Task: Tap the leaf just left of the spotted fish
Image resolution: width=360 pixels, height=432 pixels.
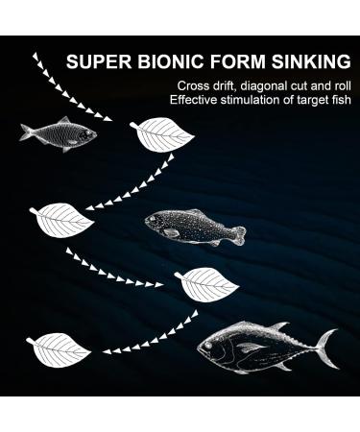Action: tap(63, 220)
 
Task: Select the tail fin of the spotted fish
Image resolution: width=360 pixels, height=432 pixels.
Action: tap(239, 235)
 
